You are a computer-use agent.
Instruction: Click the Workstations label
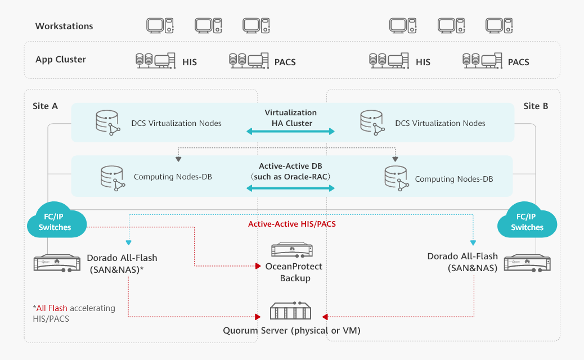[64, 26]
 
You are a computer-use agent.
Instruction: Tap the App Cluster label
[60, 60]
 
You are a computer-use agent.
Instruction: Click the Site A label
[45, 106]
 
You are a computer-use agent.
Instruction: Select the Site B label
[535, 106]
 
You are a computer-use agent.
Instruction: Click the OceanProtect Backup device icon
[291, 251]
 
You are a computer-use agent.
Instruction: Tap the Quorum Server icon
[290, 311]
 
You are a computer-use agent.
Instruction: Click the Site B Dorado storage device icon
[527, 263]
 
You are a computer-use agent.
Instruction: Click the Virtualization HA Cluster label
[290, 118]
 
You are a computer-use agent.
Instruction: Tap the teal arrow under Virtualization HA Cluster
[290, 131]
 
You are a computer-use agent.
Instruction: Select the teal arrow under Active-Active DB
[290, 188]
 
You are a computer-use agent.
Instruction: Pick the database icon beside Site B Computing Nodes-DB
[396, 178]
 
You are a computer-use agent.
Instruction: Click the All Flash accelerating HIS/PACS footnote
[73, 313]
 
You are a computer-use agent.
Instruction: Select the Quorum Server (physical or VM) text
[291, 330]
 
